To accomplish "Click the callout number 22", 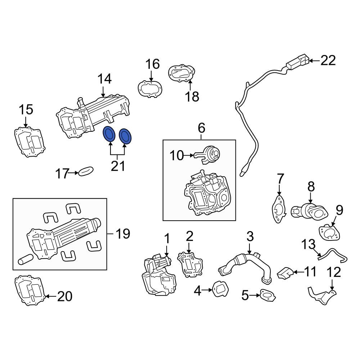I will pyautogui.click(x=328, y=60).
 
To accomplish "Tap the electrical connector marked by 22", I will pyautogui.click(x=297, y=62).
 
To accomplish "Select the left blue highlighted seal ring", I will pyautogui.click(x=109, y=134).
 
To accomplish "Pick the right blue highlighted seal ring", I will pyautogui.click(x=126, y=136).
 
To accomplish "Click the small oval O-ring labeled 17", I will pyautogui.click(x=86, y=171).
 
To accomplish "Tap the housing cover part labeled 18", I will pyautogui.click(x=181, y=74).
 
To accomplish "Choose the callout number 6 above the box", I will pyautogui.click(x=201, y=127).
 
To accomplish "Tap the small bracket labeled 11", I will pyautogui.click(x=284, y=274).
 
